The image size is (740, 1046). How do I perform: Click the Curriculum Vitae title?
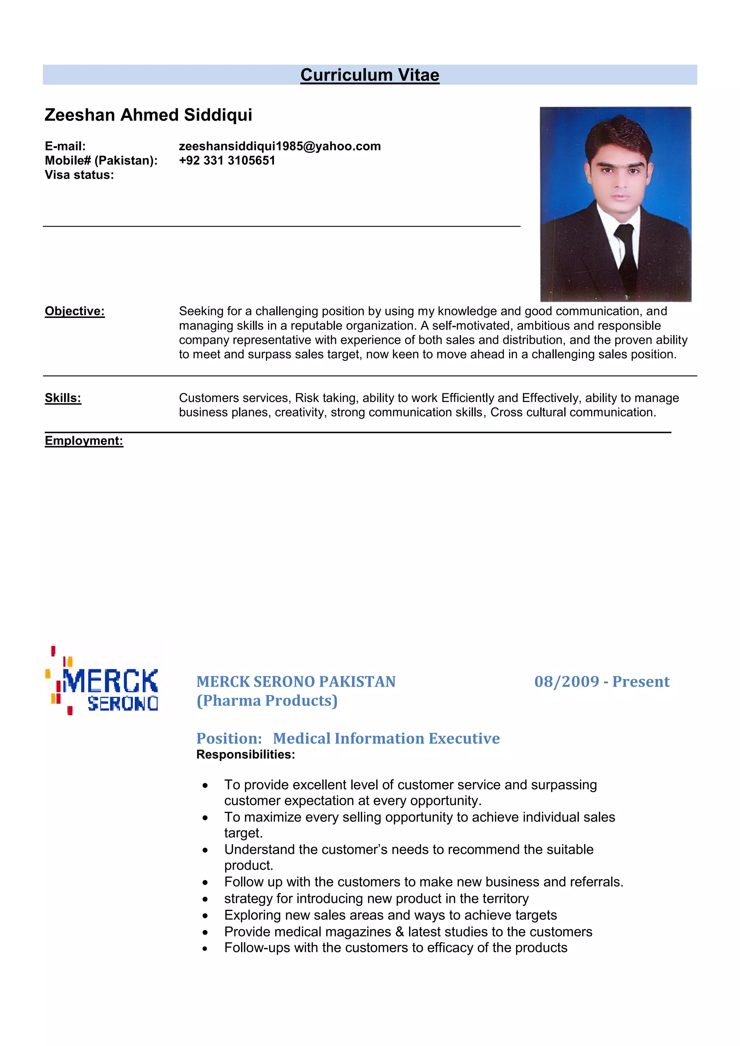tap(370, 75)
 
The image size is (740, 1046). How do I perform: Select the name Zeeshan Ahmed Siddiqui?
tap(148, 115)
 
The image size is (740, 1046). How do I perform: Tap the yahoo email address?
tap(279, 146)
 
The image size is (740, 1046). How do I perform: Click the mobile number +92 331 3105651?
tap(227, 160)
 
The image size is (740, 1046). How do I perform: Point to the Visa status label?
tap(79, 175)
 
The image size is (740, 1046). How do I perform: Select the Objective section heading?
tap(75, 311)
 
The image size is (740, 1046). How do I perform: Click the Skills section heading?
tap(63, 398)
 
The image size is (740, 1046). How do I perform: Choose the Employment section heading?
tap(84, 441)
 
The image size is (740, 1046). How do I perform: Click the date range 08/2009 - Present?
tap(602, 682)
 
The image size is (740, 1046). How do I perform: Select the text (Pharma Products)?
tap(267, 701)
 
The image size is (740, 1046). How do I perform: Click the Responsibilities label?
tap(246, 755)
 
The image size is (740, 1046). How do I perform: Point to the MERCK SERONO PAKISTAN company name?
tap(296, 682)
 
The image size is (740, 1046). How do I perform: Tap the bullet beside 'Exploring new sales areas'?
tap(206, 916)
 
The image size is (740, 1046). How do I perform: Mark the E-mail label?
tap(65, 146)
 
